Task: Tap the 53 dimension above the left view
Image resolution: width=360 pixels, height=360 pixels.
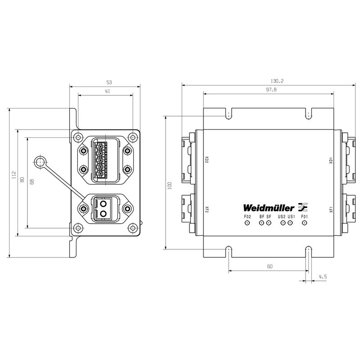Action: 108,82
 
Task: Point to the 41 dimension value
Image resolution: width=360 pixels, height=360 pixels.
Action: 108,91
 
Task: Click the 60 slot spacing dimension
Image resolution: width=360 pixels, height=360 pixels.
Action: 269,266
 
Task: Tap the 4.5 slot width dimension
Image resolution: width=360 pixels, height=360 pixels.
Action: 322,276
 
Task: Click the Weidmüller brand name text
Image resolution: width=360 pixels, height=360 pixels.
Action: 269,207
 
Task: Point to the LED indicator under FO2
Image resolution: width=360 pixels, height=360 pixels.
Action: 247,224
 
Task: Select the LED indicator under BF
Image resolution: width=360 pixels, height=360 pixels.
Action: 261,224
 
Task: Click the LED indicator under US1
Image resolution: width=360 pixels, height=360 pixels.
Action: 291,224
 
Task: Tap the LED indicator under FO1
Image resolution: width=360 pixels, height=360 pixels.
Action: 305,224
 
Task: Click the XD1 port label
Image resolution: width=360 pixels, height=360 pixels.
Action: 330,160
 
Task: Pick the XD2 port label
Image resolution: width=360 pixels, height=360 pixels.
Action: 207,160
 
